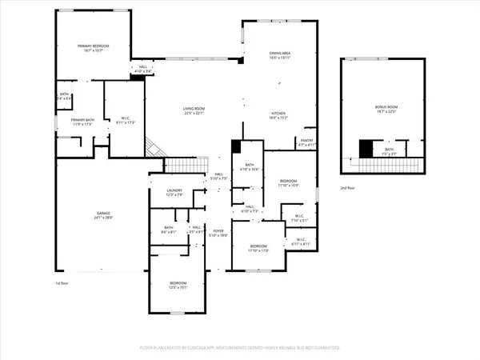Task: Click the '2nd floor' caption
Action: [347, 187]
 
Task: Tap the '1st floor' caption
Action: [62, 284]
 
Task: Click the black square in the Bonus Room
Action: [366, 149]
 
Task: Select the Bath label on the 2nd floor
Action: [389, 152]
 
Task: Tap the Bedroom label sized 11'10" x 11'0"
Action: [258, 248]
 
